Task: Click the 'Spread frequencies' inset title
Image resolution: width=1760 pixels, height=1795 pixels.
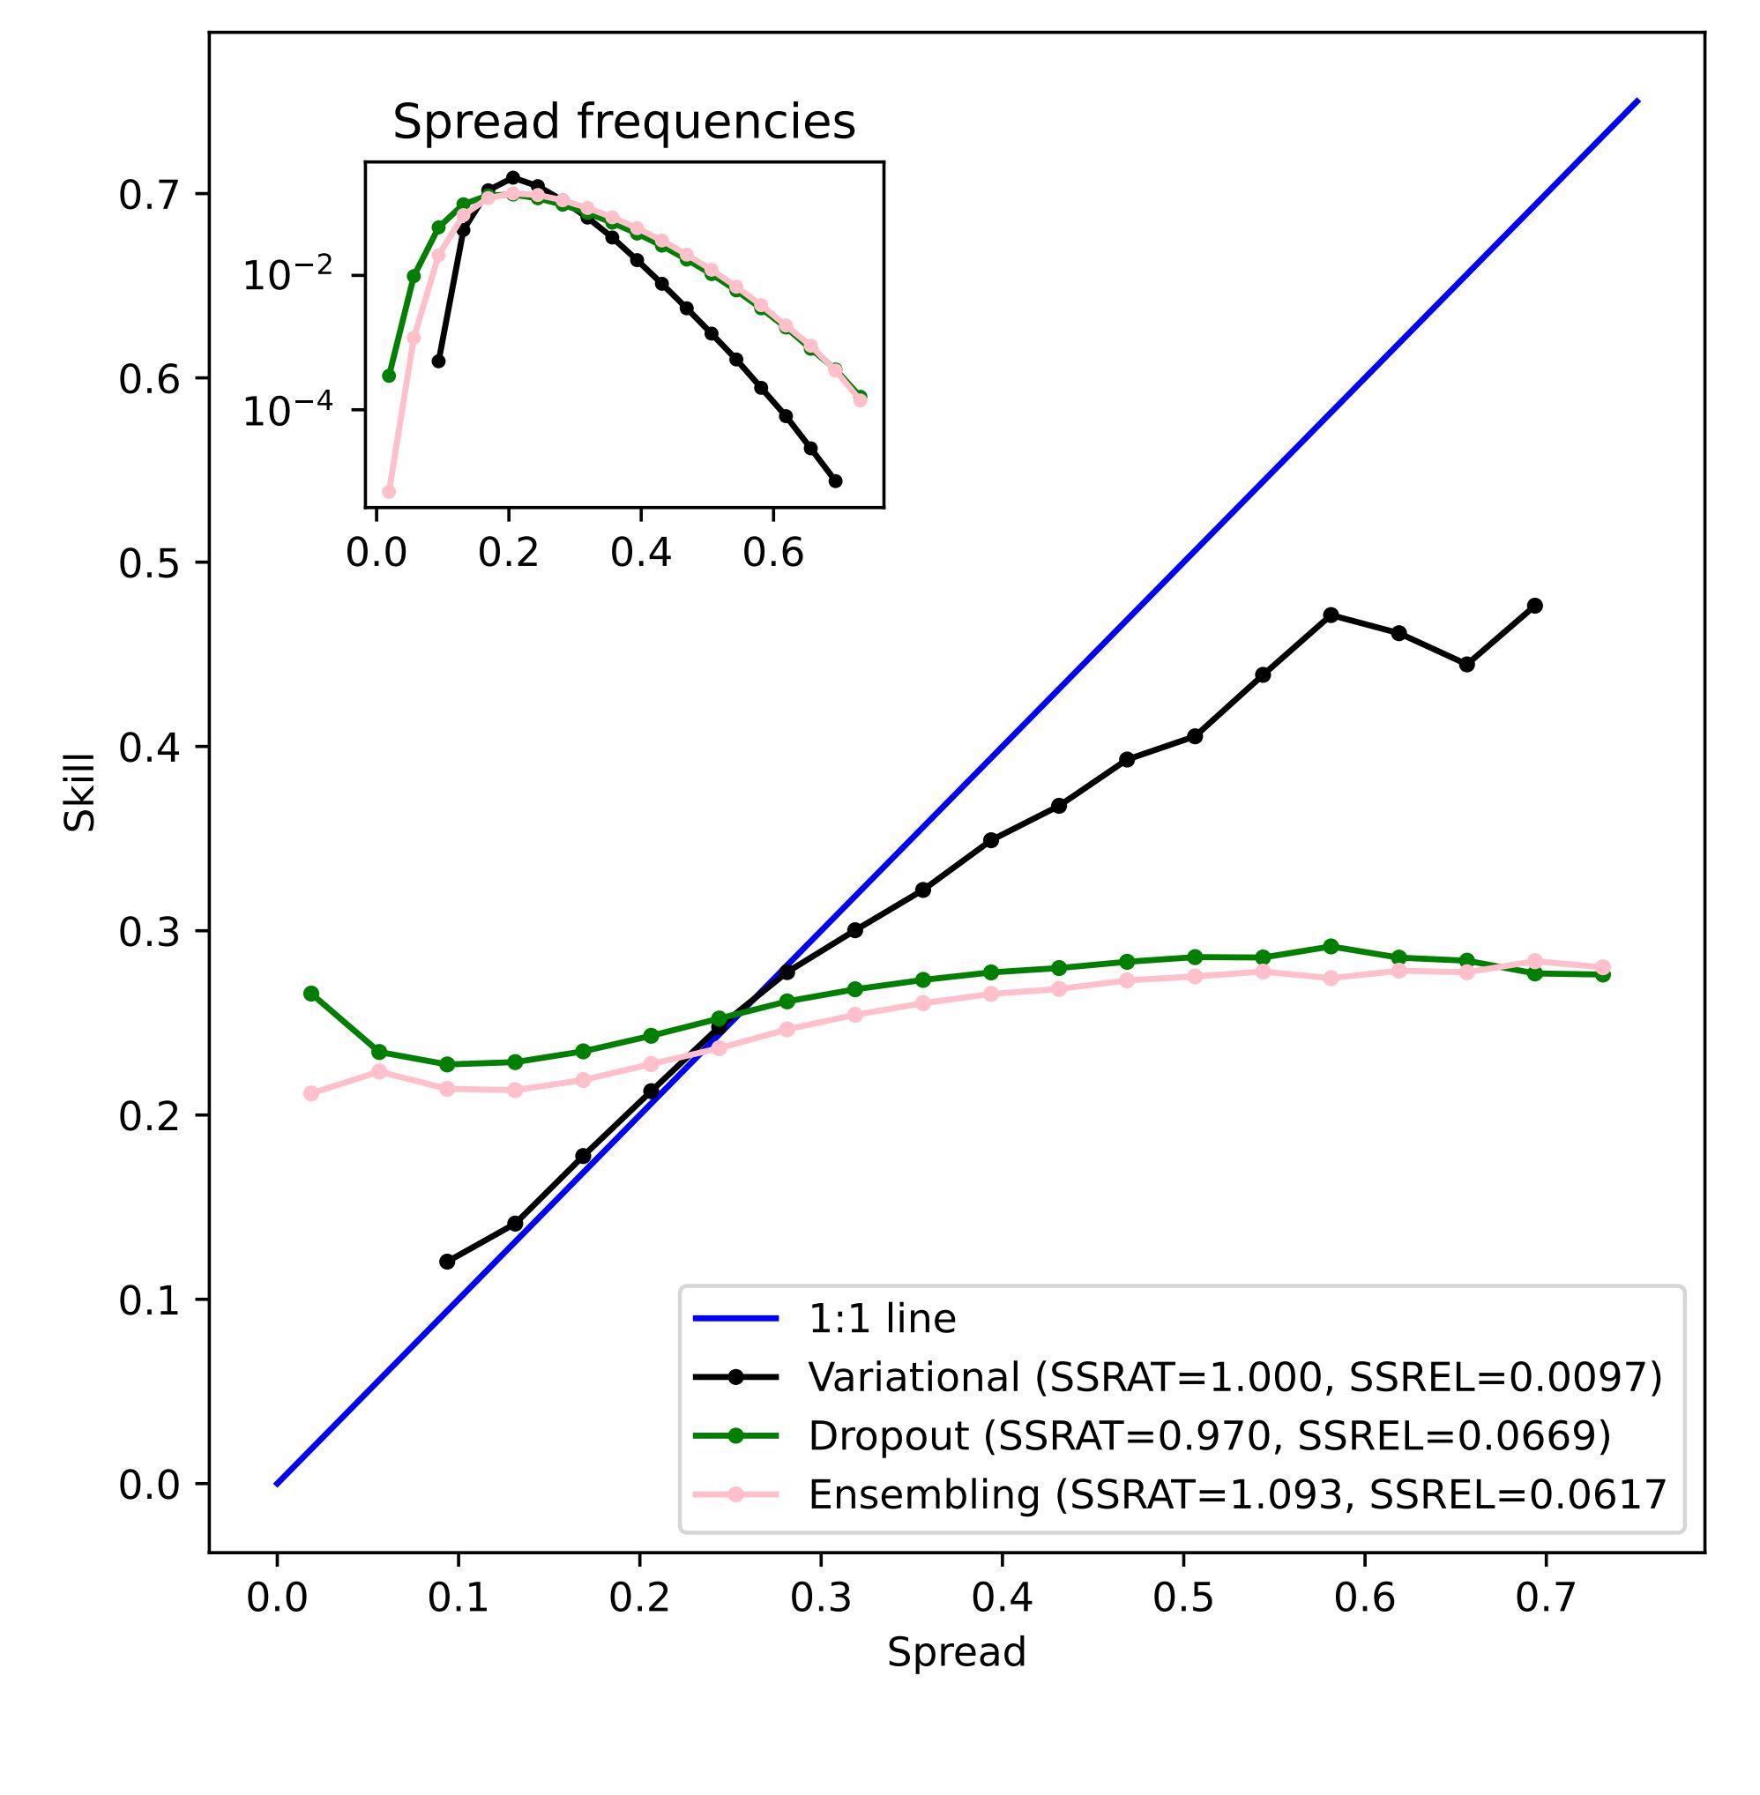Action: (624, 122)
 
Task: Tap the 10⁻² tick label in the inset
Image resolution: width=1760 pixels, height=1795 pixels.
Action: (287, 276)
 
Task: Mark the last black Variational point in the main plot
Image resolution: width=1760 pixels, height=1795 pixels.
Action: (1534, 606)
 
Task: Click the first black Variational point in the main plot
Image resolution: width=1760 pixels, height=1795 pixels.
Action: (447, 1262)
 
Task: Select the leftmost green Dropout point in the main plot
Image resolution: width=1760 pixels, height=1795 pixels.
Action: (311, 994)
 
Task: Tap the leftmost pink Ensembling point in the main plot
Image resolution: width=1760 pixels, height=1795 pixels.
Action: (311, 1093)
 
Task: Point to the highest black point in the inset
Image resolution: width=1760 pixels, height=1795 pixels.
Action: (513, 177)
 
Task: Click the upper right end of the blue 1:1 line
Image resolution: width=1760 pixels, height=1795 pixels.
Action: (1638, 99)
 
